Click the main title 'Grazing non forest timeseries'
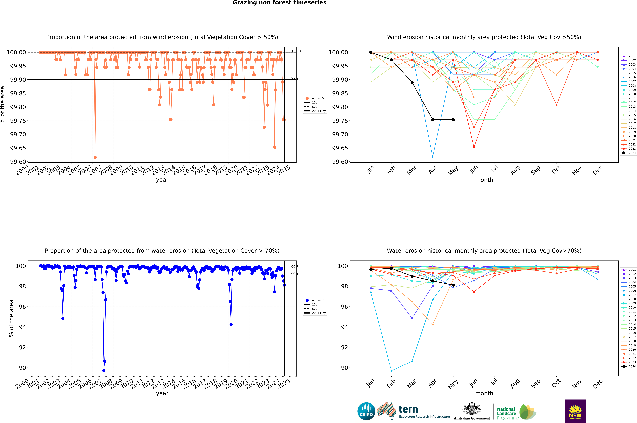(279, 3)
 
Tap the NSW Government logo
(575, 411)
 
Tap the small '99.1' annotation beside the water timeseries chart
(295, 274)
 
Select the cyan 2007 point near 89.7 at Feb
(391, 371)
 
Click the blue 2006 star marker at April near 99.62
(433, 157)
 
